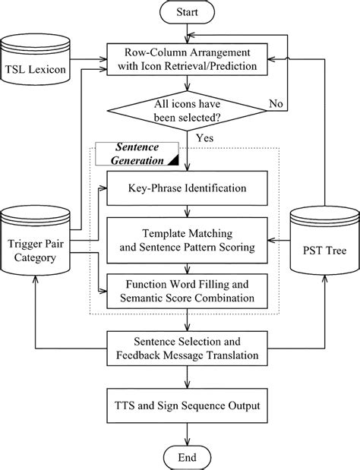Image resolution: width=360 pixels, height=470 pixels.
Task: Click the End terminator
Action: point(186,456)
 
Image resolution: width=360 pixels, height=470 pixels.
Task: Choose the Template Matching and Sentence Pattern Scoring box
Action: point(186,238)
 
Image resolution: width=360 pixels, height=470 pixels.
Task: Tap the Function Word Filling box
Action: point(186,290)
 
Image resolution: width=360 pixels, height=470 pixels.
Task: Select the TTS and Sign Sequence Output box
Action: point(186,405)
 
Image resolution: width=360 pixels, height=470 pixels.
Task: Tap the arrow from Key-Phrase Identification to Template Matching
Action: point(186,211)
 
